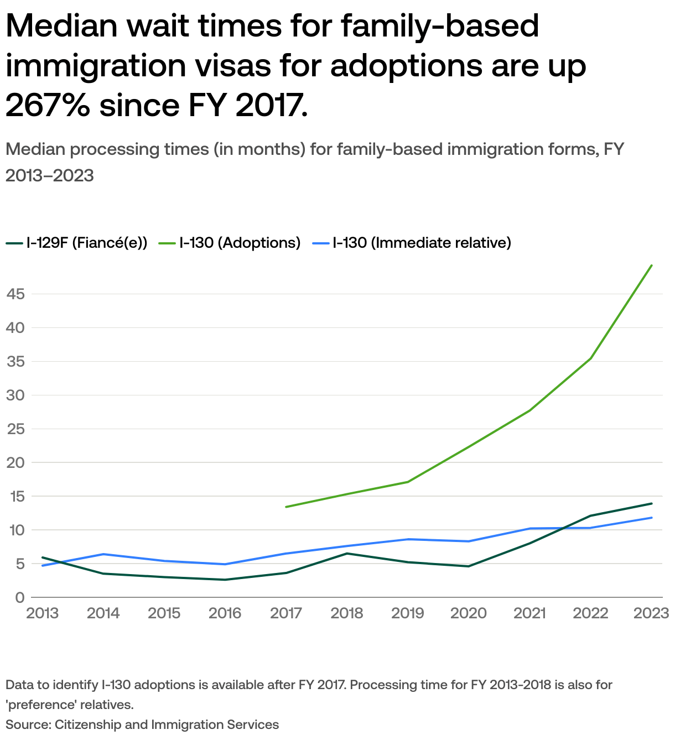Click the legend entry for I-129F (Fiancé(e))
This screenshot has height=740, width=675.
(x=77, y=243)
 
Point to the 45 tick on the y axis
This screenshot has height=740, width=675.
(x=15, y=294)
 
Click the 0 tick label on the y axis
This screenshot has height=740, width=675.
(x=20, y=598)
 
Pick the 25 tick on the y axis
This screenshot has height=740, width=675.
(x=15, y=429)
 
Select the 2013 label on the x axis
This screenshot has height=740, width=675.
(x=43, y=613)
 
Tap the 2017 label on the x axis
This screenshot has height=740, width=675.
(x=286, y=613)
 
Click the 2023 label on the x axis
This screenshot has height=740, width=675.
(x=651, y=613)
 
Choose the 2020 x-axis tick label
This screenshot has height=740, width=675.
(x=469, y=613)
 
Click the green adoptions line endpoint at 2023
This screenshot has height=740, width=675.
(x=652, y=265)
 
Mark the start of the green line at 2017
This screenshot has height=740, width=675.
(x=286, y=507)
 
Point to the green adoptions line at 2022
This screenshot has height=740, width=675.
(x=591, y=358)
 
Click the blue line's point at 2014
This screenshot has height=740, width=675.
(x=103, y=554)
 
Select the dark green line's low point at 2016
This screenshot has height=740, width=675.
(x=225, y=580)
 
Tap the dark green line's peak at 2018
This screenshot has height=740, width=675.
(x=347, y=554)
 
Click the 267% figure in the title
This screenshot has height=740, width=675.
(x=48, y=105)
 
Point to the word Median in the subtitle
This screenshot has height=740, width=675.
(x=35, y=149)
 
